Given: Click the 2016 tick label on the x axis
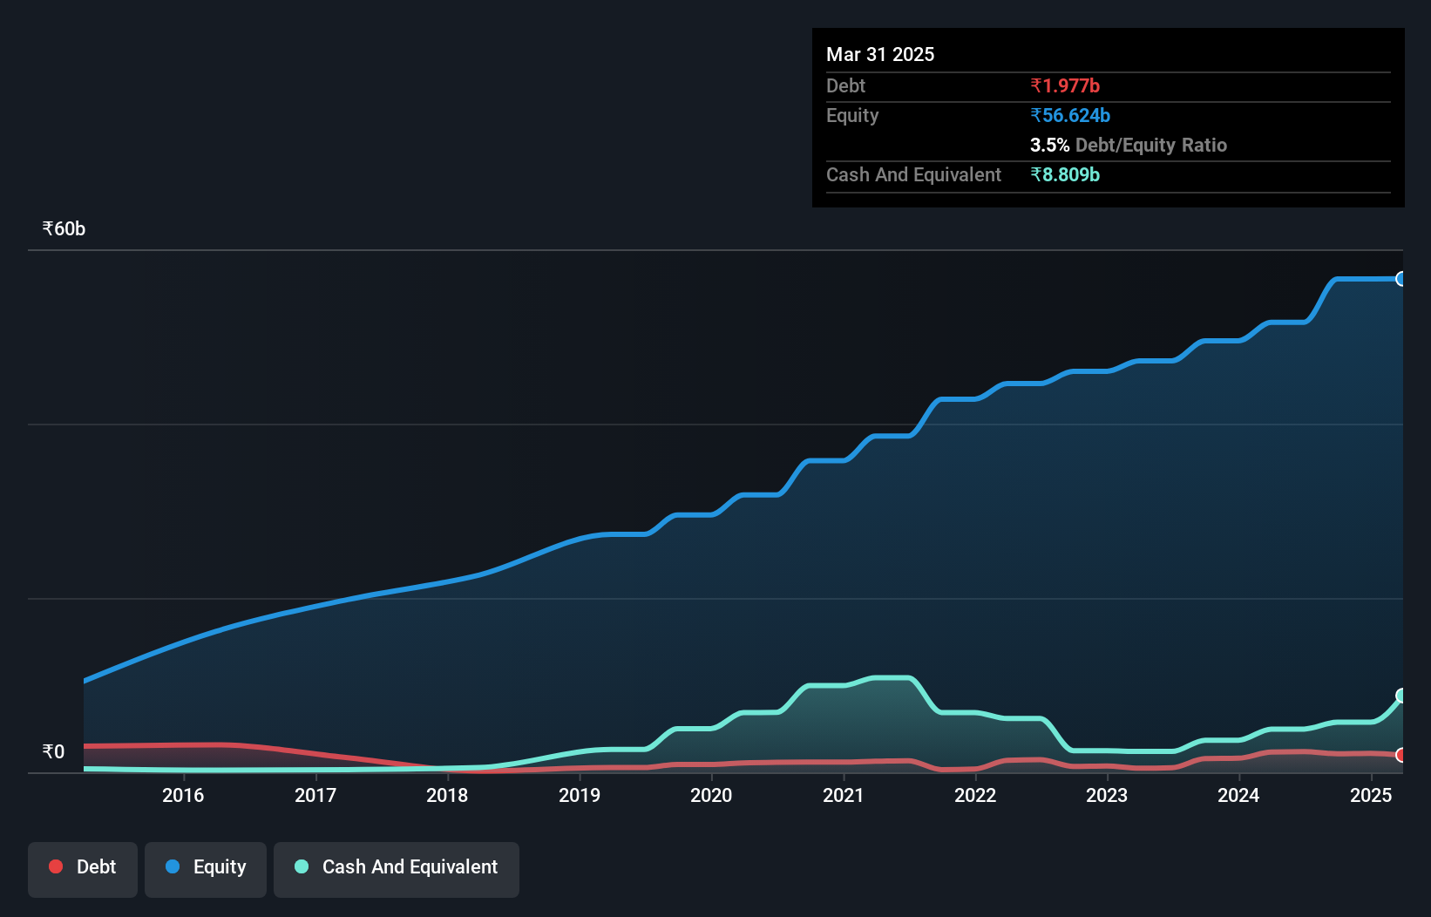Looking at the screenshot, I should click(183, 795).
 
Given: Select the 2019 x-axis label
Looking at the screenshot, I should click(580, 795).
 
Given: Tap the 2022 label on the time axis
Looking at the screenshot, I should click(975, 795).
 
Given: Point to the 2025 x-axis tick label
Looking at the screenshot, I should click(1371, 795).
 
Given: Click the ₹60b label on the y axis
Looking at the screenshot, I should click(64, 229).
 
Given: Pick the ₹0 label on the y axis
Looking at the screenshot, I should click(54, 751).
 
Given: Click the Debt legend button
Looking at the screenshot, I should click(83, 867).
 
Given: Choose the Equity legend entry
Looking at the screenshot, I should click(206, 867).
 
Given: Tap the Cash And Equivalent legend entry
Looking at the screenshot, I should click(397, 867).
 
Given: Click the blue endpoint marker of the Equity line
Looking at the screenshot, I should click(1401, 279).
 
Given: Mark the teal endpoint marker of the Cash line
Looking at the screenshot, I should click(1401, 696).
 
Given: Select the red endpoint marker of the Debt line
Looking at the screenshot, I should click(1401, 755).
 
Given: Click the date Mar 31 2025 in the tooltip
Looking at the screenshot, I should click(880, 54).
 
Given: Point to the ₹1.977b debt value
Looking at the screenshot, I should click(1065, 85).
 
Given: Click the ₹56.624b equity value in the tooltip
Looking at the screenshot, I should click(1070, 115).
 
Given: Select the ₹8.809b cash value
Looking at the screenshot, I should click(1065, 174).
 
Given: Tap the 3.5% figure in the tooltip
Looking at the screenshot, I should click(1049, 145).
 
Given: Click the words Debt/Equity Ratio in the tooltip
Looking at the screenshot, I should click(1151, 145).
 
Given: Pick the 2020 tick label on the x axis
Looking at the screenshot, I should click(711, 795).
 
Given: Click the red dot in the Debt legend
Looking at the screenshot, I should click(56, 866).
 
